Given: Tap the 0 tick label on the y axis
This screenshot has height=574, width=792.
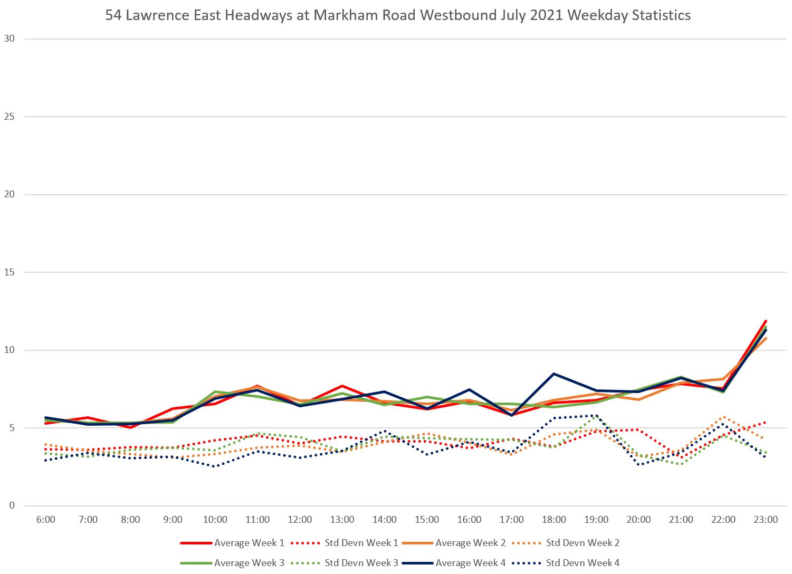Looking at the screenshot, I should pos(12,506).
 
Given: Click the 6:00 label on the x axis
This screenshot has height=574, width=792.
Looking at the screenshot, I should pos(46,520).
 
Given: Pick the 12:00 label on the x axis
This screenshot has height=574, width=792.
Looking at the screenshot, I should pos(300,520).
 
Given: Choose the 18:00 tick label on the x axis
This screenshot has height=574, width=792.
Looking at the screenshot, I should pos(554,520).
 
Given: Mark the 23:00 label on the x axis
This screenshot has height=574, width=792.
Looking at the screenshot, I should pos(766,520).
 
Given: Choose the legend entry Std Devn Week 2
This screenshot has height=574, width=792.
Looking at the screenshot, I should pos(583,543).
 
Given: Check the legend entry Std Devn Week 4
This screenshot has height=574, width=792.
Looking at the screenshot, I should pos(583,563).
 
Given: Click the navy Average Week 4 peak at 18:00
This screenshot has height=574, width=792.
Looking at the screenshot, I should pos(554,374).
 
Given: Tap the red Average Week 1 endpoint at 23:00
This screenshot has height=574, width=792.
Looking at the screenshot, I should pos(766,321).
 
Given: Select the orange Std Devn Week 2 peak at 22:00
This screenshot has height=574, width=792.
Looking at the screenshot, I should pos(723,417).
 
